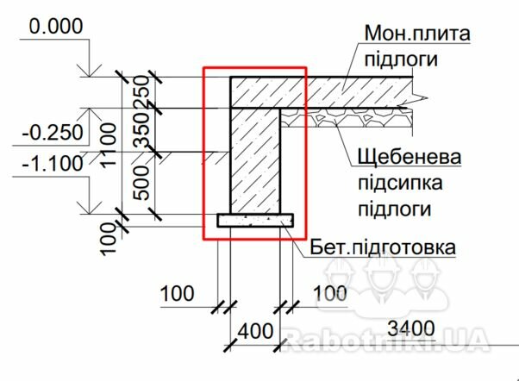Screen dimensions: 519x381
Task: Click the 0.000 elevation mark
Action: coord(55,26)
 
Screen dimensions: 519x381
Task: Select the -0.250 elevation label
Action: coord(53,133)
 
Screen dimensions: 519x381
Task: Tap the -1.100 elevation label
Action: coord(53,163)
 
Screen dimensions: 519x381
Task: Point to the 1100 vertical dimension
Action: coord(109,145)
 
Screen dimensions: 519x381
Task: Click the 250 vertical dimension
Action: coord(141,91)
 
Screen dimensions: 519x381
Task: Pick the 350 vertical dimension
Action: coord(141,128)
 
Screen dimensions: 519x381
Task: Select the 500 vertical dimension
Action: coord(141,183)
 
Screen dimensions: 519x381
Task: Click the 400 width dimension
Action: coord(255,331)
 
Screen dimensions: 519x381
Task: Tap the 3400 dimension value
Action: coord(410,328)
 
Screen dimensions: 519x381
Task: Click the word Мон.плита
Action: coord(417,34)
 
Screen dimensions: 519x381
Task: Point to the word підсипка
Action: coord(400,183)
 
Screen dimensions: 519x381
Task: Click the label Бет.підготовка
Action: coord(383,247)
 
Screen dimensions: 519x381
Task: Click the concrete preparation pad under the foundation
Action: coord(255,221)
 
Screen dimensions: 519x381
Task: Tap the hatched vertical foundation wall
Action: coord(255,161)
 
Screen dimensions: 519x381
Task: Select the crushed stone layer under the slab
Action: coord(347,117)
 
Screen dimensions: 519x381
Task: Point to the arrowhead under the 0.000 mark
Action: coord(90,71)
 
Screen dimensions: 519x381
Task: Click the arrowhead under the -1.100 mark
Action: coord(90,207)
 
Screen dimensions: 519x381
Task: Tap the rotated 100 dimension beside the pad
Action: coord(109,238)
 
